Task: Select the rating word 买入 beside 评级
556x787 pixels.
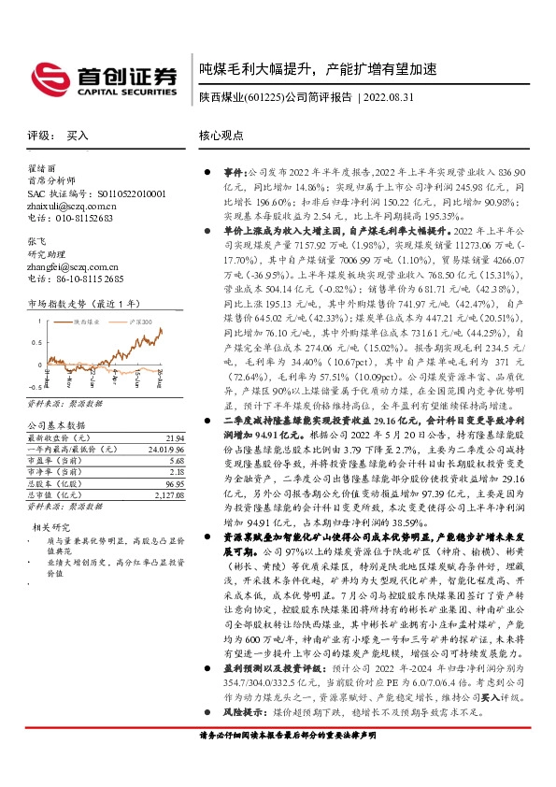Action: click(78, 136)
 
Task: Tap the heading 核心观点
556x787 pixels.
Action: click(222, 136)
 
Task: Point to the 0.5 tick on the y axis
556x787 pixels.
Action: click(36, 343)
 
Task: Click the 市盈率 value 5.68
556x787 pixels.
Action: click(177, 461)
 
